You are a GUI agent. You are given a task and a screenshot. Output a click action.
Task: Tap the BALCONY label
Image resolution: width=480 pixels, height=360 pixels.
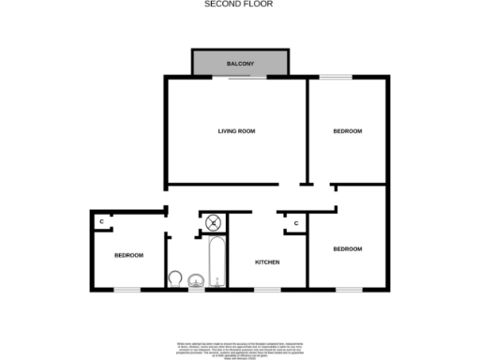coord(240,64)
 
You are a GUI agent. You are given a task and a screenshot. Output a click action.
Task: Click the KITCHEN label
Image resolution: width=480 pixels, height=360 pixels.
coord(267,262)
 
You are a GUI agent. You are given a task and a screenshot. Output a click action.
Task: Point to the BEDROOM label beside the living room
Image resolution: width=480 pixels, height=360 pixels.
coord(347,131)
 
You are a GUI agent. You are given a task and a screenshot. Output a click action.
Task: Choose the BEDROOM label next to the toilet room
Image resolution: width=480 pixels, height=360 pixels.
coord(128,255)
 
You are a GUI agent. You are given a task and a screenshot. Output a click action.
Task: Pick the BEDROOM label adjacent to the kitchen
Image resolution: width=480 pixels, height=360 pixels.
coord(347,248)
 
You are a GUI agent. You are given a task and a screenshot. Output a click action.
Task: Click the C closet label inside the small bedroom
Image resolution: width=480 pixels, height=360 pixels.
coord(100,221)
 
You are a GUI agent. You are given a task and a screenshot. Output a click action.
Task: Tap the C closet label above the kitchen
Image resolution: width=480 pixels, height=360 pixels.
coord(295,223)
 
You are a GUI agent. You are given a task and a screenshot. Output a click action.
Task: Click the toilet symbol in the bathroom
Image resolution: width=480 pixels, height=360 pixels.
coord(175,279)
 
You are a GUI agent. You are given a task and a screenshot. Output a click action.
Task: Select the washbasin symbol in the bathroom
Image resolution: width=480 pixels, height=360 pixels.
coord(196,280)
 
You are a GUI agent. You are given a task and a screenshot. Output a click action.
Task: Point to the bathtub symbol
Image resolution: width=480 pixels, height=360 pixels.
coord(217,263)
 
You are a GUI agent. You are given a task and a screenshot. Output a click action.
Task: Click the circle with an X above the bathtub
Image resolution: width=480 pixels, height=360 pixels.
coord(215,223)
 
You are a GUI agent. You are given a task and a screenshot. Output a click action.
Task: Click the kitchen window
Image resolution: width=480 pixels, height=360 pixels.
coord(267,289)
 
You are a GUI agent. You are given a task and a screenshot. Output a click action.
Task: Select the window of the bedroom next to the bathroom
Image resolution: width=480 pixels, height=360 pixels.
coord(127,289)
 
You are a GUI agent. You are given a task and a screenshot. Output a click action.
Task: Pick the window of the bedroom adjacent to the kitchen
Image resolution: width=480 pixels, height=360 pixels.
coord(349,289)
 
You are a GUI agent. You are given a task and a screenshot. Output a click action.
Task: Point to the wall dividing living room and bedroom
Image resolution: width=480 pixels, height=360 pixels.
coord(308,131)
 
